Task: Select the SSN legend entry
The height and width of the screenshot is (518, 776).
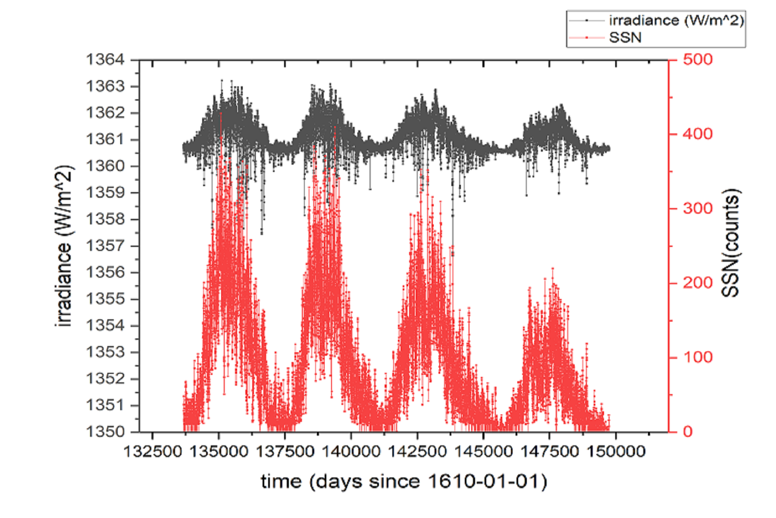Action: tap(625, 38)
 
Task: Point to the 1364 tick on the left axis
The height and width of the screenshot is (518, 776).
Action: tap(106, 60)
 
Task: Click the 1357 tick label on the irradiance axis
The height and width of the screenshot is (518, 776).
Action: tap(106, 246)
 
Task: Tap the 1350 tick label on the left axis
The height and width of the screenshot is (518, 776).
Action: tap(106, 431)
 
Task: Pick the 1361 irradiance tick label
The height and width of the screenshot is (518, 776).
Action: tap(106, 139)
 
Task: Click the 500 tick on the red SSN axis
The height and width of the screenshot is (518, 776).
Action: tap(698, 60)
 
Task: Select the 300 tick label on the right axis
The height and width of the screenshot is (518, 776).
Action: tap(698, 208)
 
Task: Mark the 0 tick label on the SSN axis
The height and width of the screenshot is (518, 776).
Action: tap(688, 431)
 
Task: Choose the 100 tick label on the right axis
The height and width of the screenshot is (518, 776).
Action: tap(698, 357)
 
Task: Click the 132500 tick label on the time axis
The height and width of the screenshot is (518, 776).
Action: tap(153, 452)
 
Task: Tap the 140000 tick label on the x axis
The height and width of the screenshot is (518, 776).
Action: tap(351, 452)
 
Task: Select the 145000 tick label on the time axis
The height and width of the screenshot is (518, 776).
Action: tap(483, 452)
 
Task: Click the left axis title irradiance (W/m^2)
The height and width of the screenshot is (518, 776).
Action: tap(64, 246)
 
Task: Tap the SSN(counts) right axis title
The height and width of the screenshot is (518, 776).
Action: tap(730, 243)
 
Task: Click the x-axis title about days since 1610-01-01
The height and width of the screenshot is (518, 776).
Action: tap(404, 481)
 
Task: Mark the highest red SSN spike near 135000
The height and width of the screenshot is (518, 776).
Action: tap(221, 113)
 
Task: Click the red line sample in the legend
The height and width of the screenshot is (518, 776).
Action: tap(586, 38)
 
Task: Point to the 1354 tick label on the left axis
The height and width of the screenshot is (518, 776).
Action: tap(106, 325)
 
